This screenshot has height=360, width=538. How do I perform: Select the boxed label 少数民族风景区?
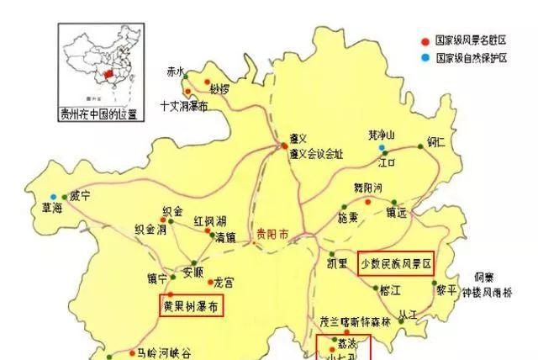tap(396, 263)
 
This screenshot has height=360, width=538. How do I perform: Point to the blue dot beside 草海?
tap(53, 197)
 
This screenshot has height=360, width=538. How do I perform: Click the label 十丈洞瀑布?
tap(183, 108)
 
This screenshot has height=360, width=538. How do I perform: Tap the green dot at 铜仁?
tap(422, 146)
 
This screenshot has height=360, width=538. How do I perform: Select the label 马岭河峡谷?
tap(166, 352)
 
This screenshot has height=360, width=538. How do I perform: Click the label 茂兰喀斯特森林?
tap(356, 322)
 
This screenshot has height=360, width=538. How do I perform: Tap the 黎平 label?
tap(448, 289)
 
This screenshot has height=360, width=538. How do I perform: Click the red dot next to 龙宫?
tap(211, 282)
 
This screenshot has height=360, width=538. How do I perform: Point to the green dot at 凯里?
tap(332, 253)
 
